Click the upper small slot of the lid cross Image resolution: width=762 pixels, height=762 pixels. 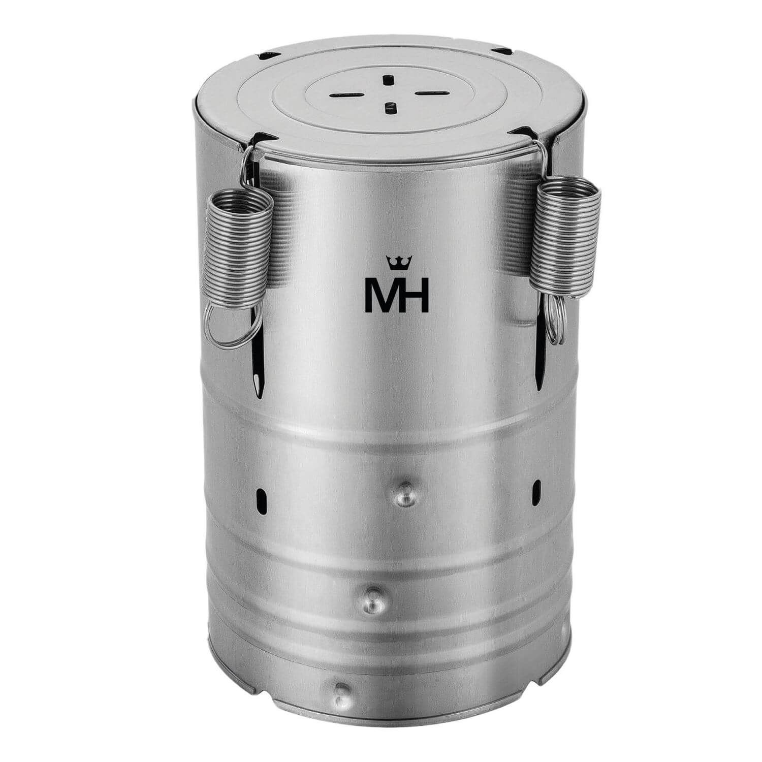[x=389, y=80]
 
